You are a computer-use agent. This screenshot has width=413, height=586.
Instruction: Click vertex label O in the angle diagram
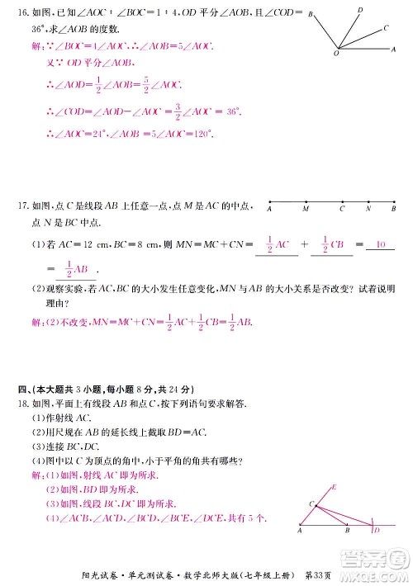(x=335, y=54)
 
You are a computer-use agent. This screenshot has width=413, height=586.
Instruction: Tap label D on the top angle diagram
(x=359, y=10)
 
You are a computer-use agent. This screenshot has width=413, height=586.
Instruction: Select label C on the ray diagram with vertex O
(x=387, y=27)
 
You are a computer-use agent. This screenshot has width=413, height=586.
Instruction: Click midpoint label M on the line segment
(x=306, y=210)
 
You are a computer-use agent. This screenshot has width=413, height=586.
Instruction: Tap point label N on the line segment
(x=369, y=210)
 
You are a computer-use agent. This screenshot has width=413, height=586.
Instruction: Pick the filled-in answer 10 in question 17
(x=380, y=245)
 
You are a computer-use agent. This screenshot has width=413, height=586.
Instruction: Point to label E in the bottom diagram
(x=335, y=487)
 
